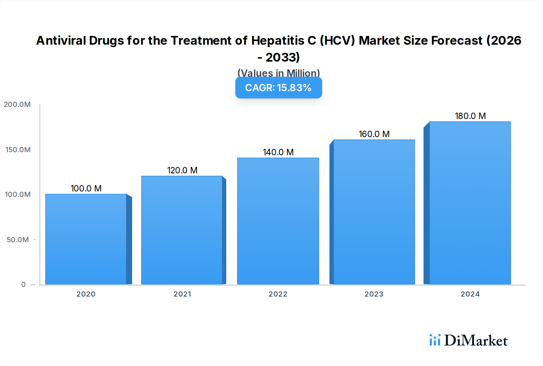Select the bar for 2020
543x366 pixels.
(86, 239)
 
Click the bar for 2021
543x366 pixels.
(182, 230)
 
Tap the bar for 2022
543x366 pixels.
(278, 221)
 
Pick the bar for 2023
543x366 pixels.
(374, 212)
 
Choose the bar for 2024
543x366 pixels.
(470, 203)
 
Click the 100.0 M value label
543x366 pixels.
(86, 188)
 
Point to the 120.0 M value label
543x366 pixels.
(182, 170)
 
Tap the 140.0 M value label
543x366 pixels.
(278, 152)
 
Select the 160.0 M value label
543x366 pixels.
(374, 134)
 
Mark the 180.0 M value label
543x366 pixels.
(470, 116)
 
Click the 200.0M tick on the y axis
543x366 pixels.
(17, 104)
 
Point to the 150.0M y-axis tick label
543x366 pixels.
(18, 150)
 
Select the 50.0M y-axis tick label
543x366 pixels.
(18, 240)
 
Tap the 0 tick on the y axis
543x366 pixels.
(23, 284)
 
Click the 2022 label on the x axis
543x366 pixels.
(278, 294)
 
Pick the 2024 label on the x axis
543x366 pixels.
(470, 294)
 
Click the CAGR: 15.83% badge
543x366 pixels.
(278, 88)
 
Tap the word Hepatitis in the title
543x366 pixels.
(278, 40)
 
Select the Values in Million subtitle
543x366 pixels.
(278, 73)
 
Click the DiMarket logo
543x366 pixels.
(468, 340)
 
